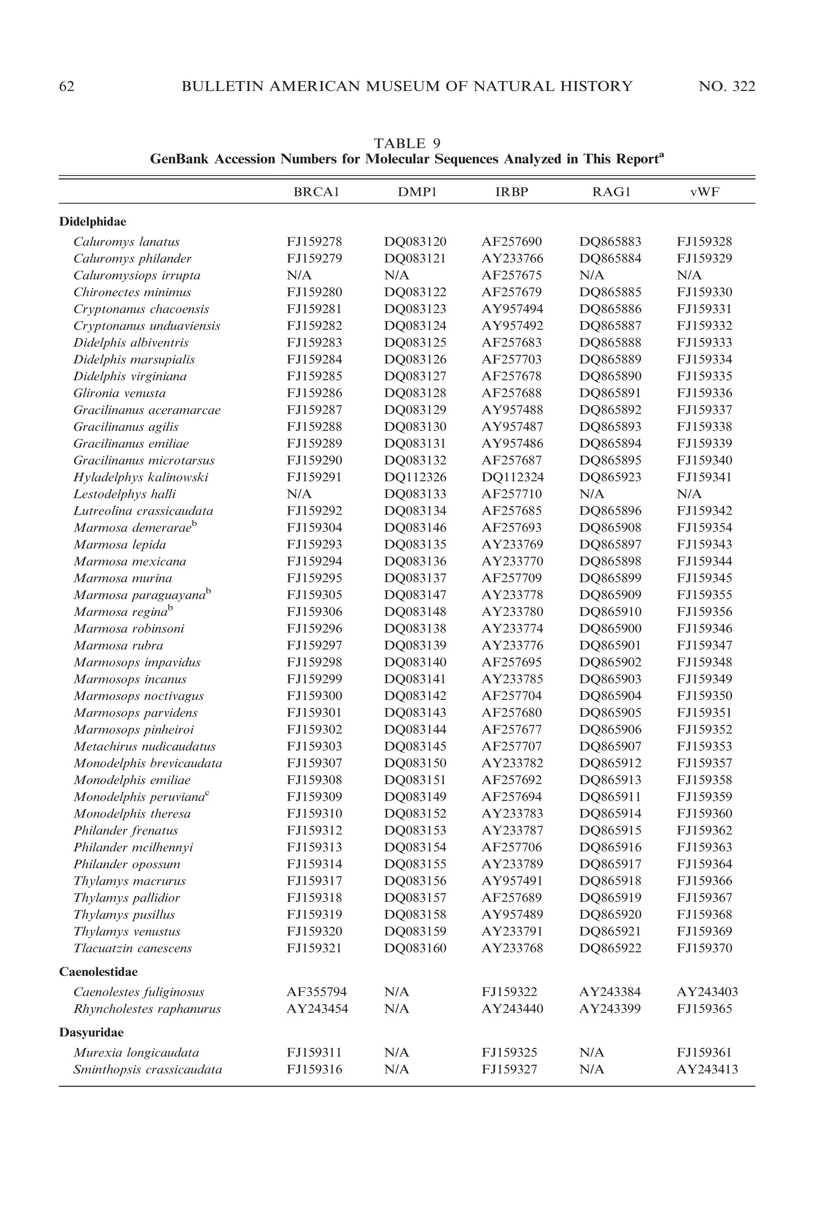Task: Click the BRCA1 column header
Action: (x=316, y=192)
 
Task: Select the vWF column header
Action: (x=705, y=192)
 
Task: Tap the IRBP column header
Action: (x=512, y=192)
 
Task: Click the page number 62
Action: (x=67, y=87)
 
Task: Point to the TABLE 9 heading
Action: (x=407, y=143)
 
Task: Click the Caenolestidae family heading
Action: (x=98, y=971)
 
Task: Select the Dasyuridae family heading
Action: (x=92, y=1032)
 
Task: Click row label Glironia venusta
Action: (x=120, y=393)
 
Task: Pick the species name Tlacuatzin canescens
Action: (x=133, y=948)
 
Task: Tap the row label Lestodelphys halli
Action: (x=125, y=494)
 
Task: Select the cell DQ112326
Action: (x=415, y=477)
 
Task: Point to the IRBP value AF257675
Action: (x=512, y=275)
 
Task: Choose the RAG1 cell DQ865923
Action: (x=610, y=477)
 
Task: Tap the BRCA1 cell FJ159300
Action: (x=314, y=696)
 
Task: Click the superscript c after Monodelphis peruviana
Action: (x=207, y=794)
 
